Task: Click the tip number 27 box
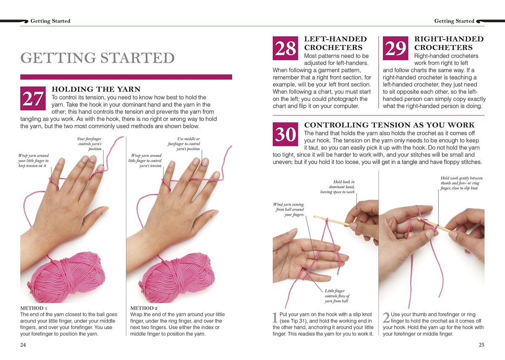click(x=33, y=98)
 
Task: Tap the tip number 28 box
click(x=285, y=48)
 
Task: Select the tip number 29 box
click(x=396, y=48)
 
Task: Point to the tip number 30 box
click(x=285, y=134)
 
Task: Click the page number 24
click(x=23, y=345)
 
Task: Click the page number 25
click(x=481, y=345)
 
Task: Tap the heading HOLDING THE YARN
click(x=96, y=89)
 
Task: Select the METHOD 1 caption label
click(x=34, y=308)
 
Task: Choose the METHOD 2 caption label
click(x=144, y=308)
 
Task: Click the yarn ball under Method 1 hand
click(x=67, y=277)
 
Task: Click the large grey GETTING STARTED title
click(x=97, y=58)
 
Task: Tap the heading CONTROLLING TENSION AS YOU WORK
click(x=389, y=125)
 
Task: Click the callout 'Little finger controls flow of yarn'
click(x=337, y=296)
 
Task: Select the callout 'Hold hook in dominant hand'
click(x=338, y=187)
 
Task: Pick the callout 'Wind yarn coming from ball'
click(x=289, y=209)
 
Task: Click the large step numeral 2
click(x=386, y=318)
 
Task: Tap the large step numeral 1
click(x=275, y=318)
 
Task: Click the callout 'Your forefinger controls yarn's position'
click(x=89, y=144)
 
